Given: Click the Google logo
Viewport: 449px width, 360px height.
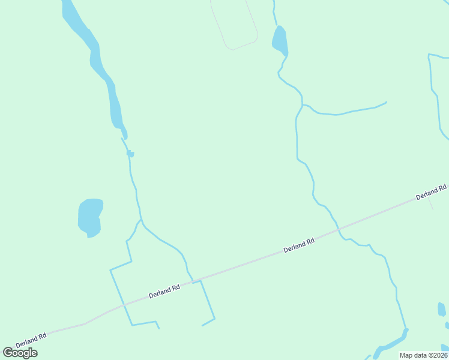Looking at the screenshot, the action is click(20, 353).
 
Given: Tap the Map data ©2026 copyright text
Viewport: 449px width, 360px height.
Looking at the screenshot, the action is click(423, 355).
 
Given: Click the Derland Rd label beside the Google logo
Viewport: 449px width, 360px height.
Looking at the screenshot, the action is click(31, 340).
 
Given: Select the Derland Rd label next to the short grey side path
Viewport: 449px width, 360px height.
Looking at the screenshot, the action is click(432, 192).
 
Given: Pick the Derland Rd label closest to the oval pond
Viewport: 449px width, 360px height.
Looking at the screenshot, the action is click(164, 292).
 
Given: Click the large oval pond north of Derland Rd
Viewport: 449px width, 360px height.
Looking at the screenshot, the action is click(89, 217).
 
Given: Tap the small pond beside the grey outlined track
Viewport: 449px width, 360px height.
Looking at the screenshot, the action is click(280, 40).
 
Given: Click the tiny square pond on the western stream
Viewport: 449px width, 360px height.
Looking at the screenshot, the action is click(130, 154).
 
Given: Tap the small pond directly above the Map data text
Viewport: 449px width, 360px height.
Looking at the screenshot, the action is click(442, 310).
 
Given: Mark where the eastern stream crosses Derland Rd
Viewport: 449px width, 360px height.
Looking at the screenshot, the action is click(338, 227).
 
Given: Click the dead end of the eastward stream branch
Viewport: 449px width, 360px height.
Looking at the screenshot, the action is click(386, 102).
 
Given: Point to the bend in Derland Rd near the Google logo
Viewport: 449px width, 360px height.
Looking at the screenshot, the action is click(85, 323).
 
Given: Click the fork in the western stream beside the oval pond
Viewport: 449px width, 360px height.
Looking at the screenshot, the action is click(140, 220).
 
